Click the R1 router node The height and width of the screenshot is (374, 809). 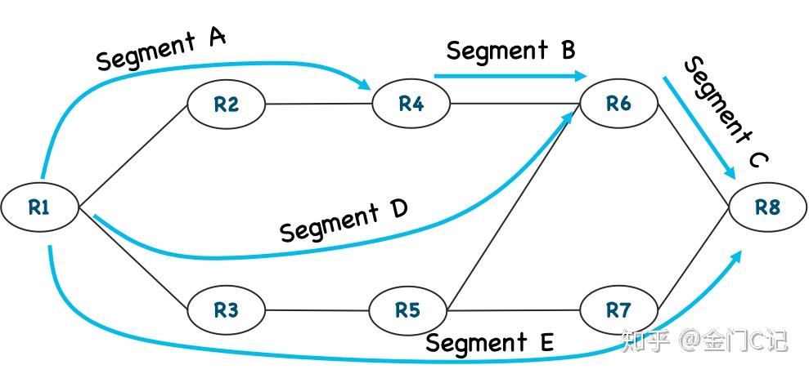point(39,207)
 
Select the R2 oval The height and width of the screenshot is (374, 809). point(227,104)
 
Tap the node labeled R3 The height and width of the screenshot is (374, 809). point(227,310)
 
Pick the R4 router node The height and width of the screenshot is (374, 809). point(411,104)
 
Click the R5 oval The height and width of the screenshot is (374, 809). point(407,310)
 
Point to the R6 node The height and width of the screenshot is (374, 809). point(618,103)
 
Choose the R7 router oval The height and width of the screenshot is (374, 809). point(618,310)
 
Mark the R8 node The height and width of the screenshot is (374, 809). point(767,207)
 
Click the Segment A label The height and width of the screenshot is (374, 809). point(161,49)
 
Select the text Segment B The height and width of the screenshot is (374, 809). point(510,51)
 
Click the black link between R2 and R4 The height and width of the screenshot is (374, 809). point(319,104)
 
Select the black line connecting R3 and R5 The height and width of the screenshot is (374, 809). point(317,310)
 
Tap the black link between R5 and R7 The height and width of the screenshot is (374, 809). point(514,310)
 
